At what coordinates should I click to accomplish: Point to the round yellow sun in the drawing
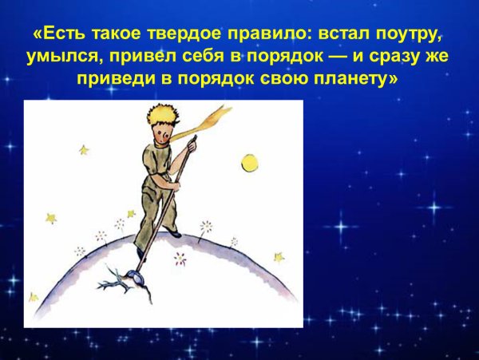tap(251, 163)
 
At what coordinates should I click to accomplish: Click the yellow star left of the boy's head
tap(83, 149)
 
